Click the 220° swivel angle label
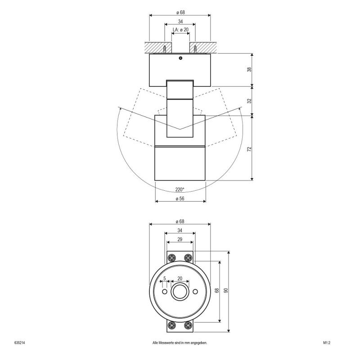click(x=180, y=189)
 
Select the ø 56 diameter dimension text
click(x=180, y=198)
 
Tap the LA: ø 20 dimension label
click(x=180, y=30)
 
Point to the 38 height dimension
click(x=249, y=69)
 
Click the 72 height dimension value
click(x=249, y=149)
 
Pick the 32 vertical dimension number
click(x=249, y=101)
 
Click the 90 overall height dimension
click(x=226, y=290)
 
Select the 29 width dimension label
click(x=180, y=239)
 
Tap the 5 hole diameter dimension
click(x=165, y=279)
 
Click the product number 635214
click(x=19, y=343)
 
